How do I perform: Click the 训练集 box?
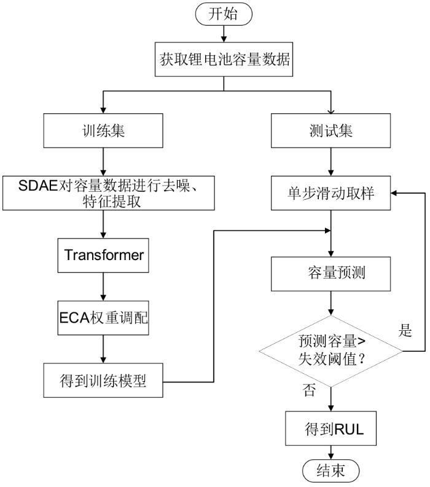[x=103, y=131]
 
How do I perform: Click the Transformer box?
[x=103, y=254]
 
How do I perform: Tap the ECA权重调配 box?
[x=103, y=318]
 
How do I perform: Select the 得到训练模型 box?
[x=103, y=381]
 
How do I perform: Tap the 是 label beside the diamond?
[x=405, y=331]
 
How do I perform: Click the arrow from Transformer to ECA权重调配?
[x=103, y=287]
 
